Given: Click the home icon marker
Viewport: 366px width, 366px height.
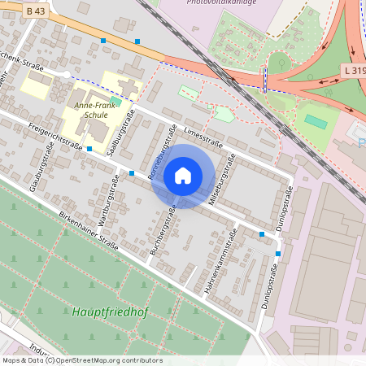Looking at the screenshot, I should pyautogui.click(x=183, y=176).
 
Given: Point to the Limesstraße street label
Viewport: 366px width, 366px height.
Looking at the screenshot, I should pyautogui.click(x=203, y=130).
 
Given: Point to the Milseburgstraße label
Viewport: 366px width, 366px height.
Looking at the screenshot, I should pyautogui.click(x=221, y=179).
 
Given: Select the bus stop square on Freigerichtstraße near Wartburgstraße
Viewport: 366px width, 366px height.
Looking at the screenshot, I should pyautogui.click(x=131, y=173).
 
